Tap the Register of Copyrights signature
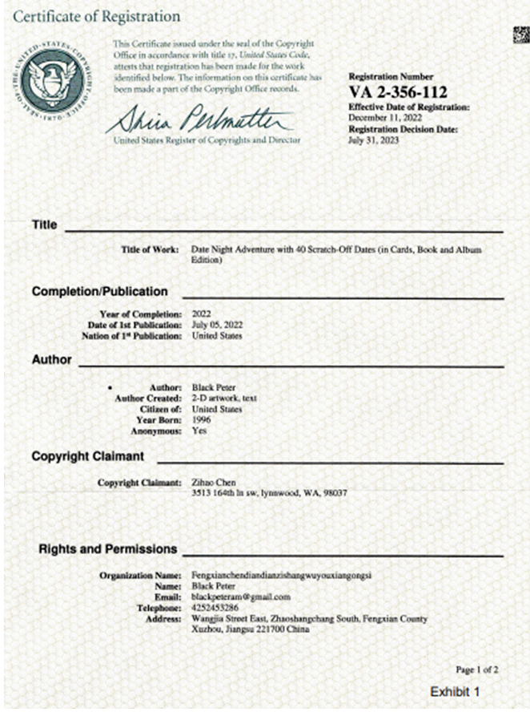point(199,121)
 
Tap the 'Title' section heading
point(44,225)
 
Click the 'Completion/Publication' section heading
point(99,291)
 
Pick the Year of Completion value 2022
point(203,314)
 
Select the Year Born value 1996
point(202,419)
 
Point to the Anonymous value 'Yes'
point(200,431)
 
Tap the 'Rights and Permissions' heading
point(107,549)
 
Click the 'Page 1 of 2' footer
point(476,669)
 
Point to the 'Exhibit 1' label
point(454,691)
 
